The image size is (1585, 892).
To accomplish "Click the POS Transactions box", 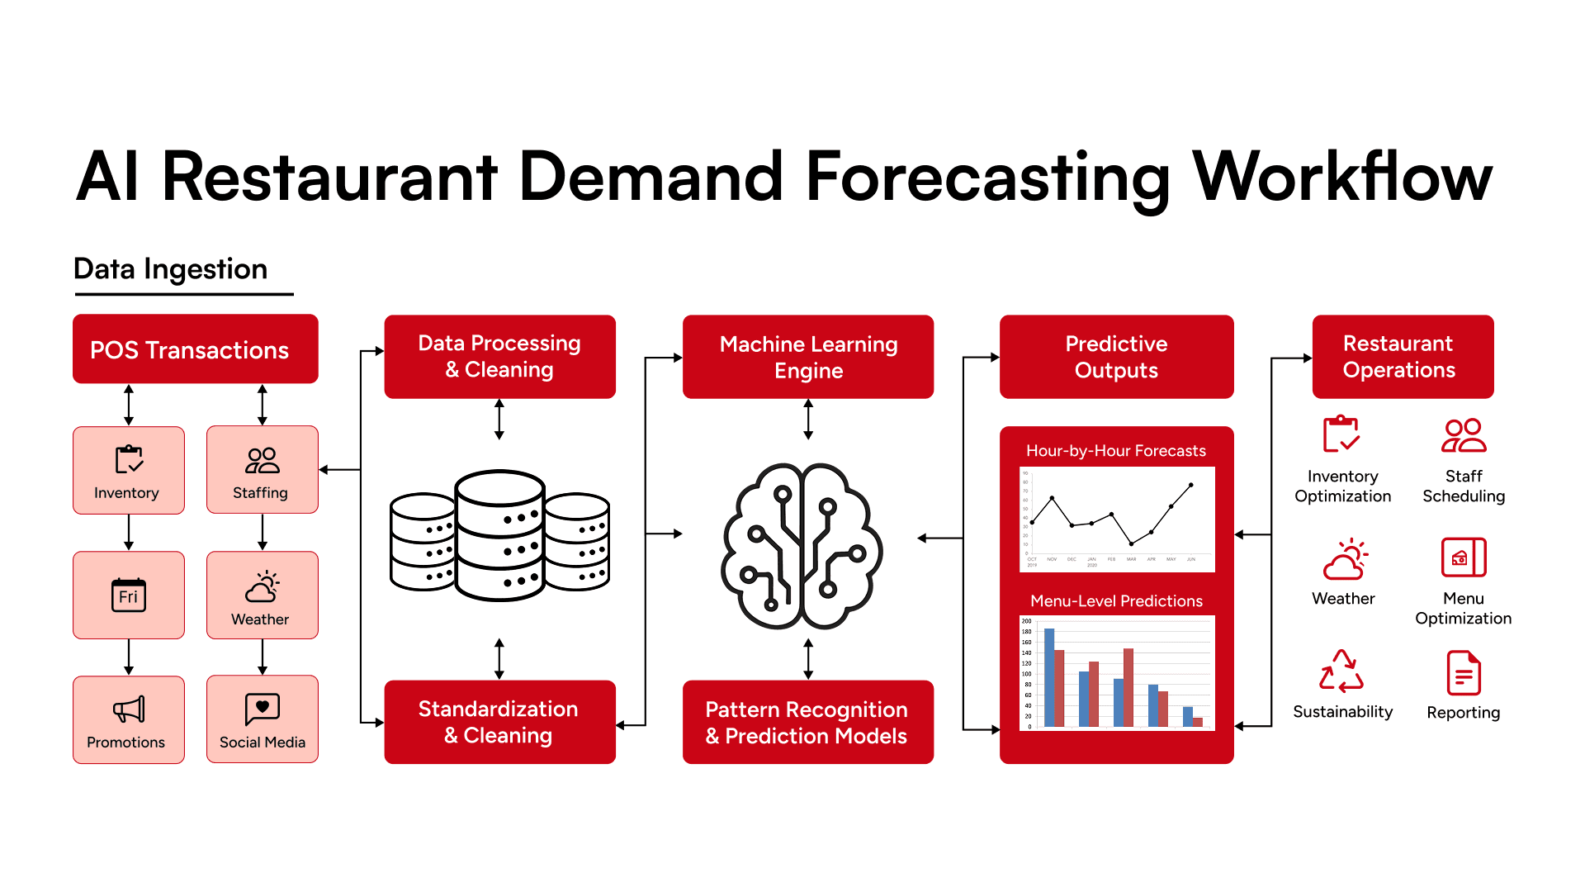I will (x=195, y=349).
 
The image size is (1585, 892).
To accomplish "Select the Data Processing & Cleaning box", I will (x=499, y=357).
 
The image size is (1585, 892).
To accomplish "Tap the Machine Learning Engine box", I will (x=807, y=357).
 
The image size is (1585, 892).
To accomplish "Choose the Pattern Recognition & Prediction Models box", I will (x=807, y=722).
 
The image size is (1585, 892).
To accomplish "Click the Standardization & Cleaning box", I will (x=499, y=722).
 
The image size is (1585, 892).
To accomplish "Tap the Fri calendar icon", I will (x=129, y=595).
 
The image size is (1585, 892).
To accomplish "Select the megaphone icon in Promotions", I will (x=129, y=709).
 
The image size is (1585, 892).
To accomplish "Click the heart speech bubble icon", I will (x=263, y=708).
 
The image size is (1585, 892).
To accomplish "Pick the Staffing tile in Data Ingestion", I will (x=263, y=470).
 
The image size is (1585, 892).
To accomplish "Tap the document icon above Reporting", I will (x=1464, y=673).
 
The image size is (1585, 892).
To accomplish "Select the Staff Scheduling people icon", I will (x=1464, y=435).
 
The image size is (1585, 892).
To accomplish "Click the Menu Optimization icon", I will (x=1464, y=557).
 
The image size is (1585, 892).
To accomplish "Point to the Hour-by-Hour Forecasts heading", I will (x=1116, y=451).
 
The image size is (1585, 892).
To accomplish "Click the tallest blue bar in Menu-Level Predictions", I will (x=1049, y=677).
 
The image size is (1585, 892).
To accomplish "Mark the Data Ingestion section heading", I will (x=171, y=269).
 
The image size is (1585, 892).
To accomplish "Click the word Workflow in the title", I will (x=1342, y=177).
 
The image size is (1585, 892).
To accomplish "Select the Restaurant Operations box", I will (x=1403, y=357).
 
